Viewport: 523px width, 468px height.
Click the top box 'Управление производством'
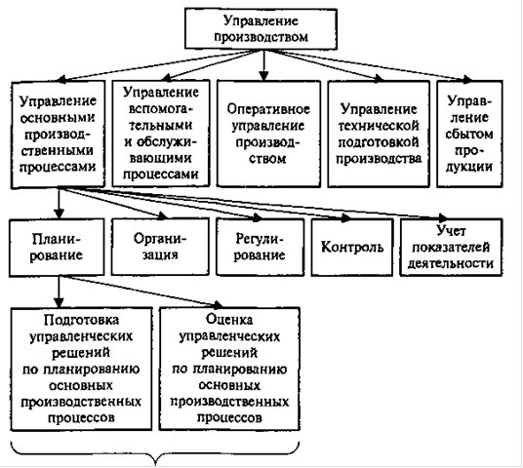tap(261, 29)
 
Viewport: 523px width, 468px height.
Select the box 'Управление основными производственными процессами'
tap(58, 134)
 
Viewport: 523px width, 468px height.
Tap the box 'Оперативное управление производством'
tap(268, 134)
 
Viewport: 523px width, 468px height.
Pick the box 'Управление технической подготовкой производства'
tap(379, 134)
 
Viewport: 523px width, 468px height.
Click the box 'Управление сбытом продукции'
tap(469, 134)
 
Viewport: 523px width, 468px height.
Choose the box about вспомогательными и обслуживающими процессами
tap(161, 133)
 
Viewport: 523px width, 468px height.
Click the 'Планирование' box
tap(57, 248)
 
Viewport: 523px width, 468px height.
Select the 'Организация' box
tap(160, 247)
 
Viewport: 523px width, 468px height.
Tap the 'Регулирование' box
tap(261, 247)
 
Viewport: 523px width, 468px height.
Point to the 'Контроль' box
tap(352, 247)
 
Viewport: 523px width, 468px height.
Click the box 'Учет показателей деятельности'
tap(452, 247)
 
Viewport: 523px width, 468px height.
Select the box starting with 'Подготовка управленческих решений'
tap(81, 369)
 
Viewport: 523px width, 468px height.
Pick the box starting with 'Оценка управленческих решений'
tap(229, 369)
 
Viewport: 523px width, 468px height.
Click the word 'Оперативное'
tap(268, 109)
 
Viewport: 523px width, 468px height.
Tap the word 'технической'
tap(379, 126)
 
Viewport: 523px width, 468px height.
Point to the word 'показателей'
tap(452, 248)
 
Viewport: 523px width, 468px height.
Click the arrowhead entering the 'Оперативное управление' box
tap(263, 76)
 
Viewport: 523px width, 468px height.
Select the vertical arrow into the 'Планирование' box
tap(60, 204)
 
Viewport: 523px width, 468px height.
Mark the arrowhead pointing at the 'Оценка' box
tap(218, 304)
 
